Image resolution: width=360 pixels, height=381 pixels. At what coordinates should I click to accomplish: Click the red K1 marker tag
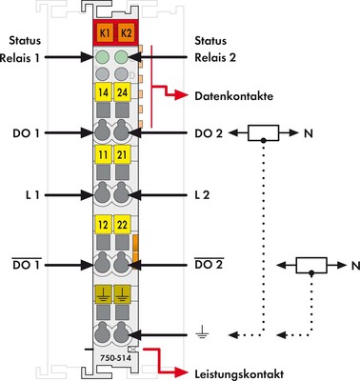pos(104,33)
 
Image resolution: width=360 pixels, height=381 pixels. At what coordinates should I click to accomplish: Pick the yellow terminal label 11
pos(104,154)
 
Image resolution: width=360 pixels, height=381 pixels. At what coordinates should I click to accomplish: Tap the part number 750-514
pos(113,355)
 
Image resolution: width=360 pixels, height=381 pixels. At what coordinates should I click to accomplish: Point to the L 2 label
pos(201,195)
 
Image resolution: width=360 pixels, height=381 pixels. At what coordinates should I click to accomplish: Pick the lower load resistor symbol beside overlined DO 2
pos(311,264)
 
